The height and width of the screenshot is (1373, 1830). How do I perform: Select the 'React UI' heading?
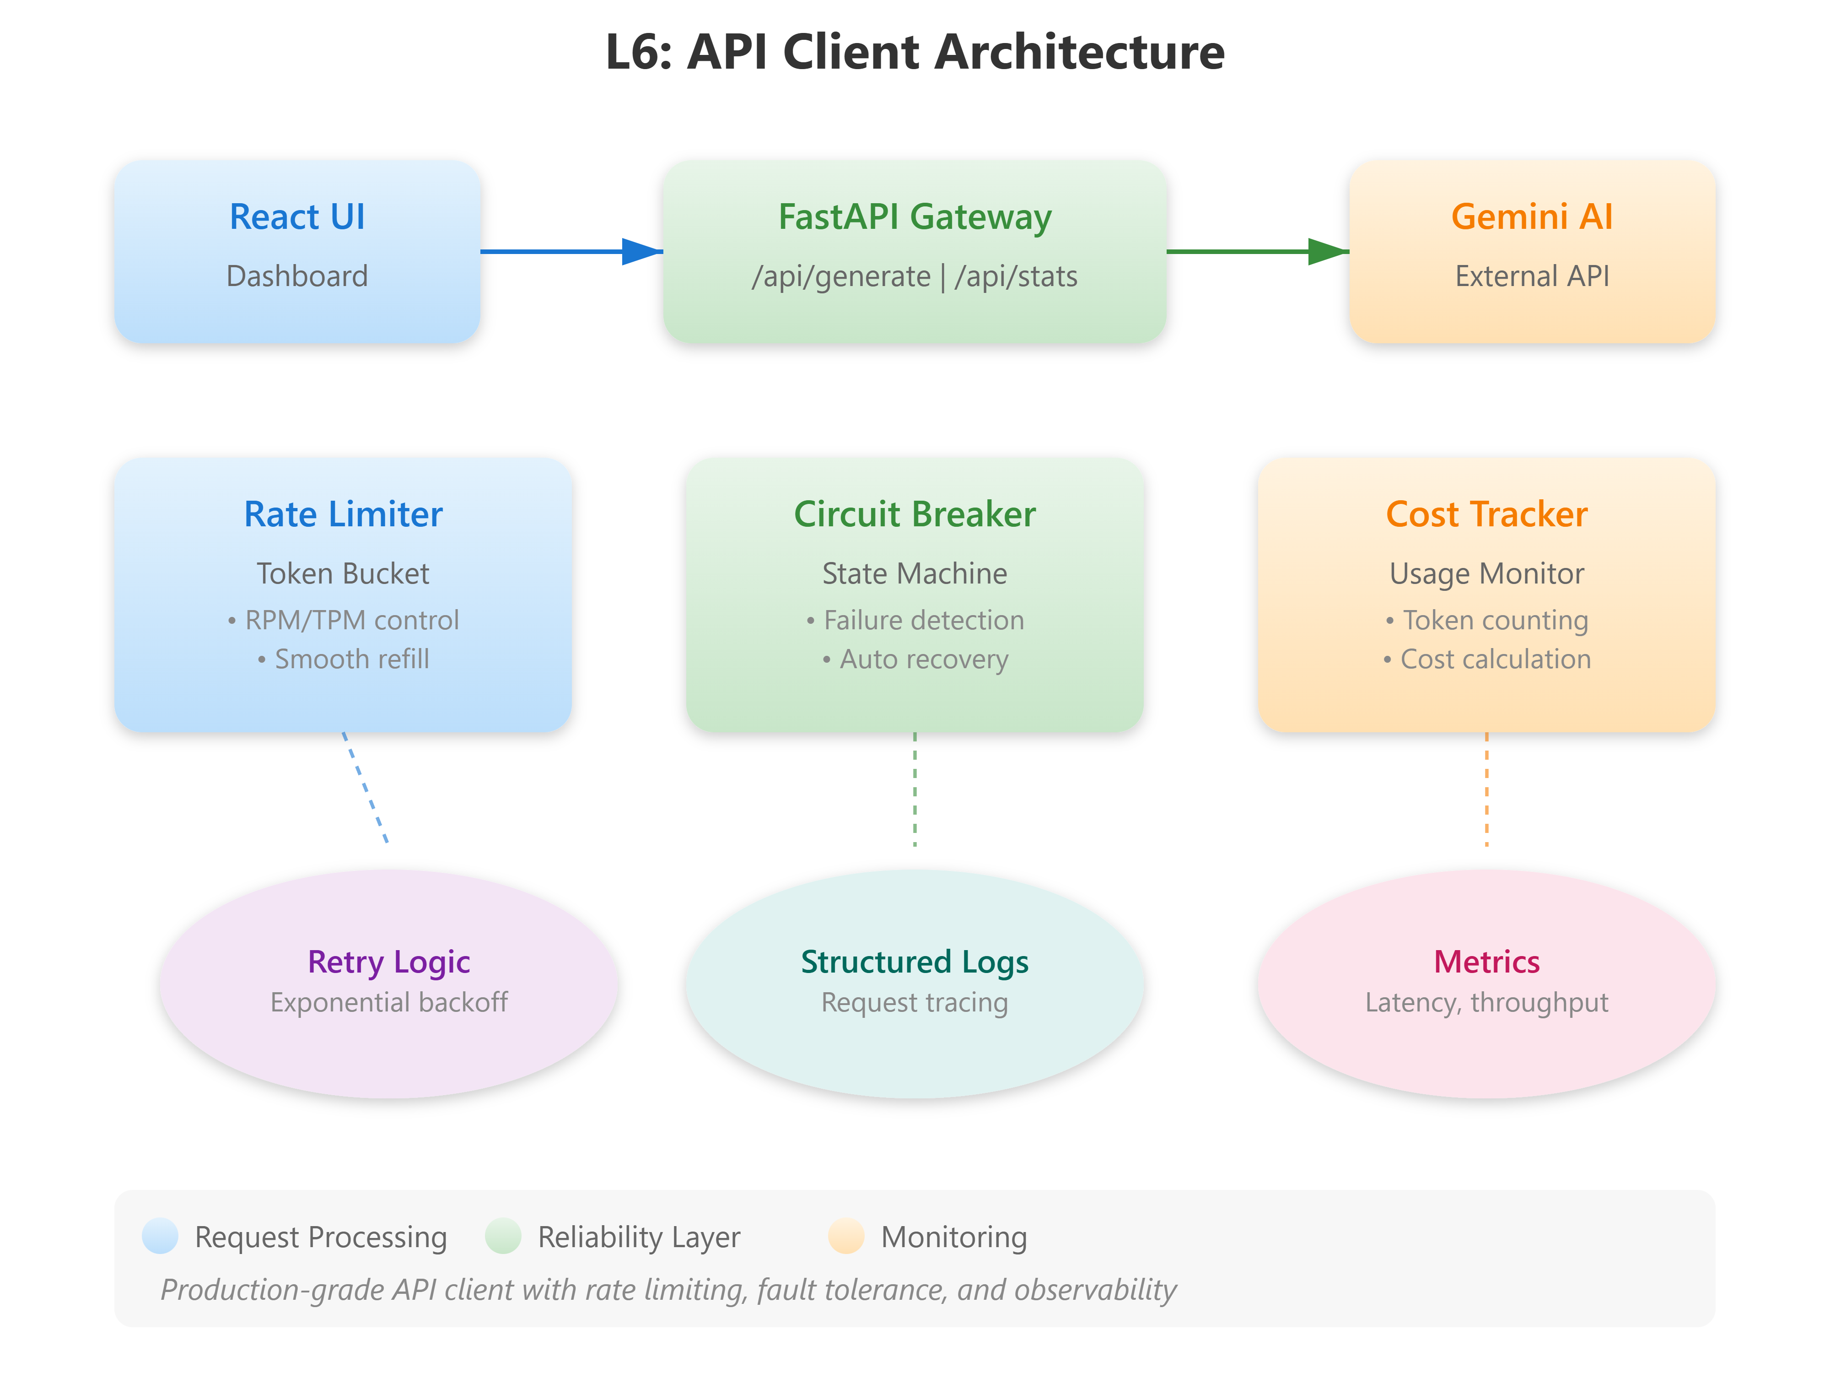tap(297, 217)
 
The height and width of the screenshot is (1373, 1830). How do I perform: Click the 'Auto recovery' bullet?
tap(923, 659)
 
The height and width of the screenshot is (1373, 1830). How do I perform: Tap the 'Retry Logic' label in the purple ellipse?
tap(389, 962)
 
